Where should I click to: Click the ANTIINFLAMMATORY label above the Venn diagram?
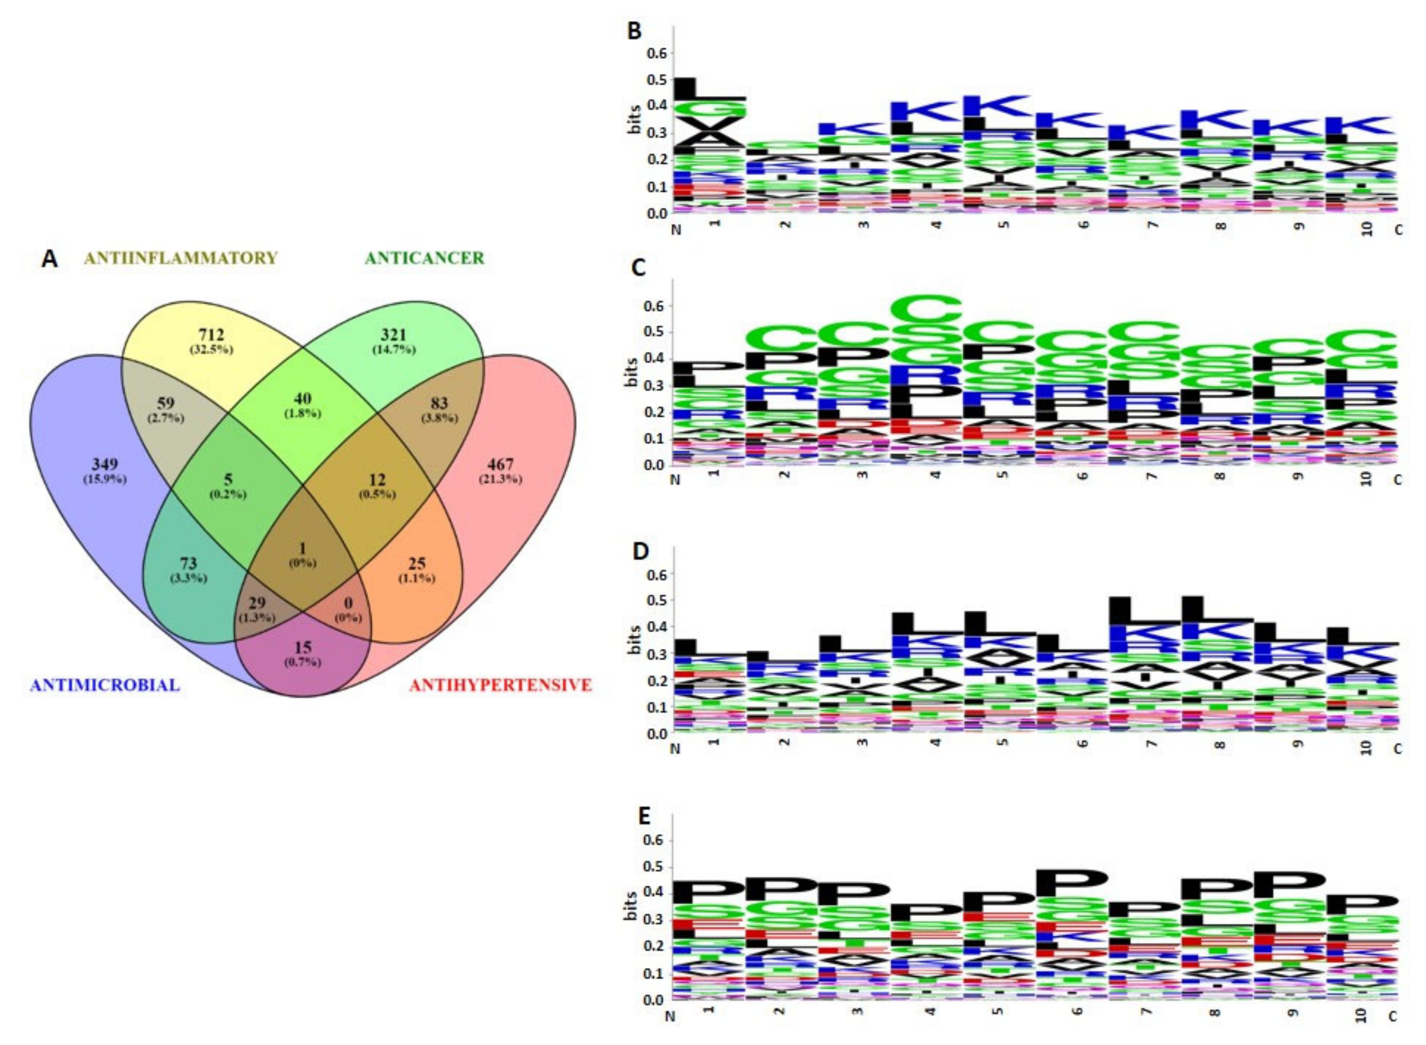[x=181, y=258]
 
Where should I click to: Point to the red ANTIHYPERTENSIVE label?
[x=500, y=684]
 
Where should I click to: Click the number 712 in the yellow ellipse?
[x=211, y=335]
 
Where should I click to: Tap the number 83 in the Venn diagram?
[x=439, y=403]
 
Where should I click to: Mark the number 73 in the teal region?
[x=189, y=563]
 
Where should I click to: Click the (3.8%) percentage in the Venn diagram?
[x=439, y=418]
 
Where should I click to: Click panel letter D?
[x=640, y=552]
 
